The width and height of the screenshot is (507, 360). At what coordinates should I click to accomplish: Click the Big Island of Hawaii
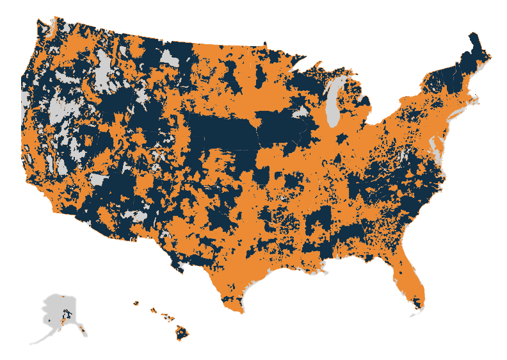click(x=184, y=332)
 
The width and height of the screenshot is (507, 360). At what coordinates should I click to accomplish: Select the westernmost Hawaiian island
click(x=136, y=303)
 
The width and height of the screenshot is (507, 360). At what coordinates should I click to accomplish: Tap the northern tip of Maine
click(x=473, y=35)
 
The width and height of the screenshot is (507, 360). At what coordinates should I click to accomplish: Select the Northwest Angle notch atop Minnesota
click(x=264, y=44)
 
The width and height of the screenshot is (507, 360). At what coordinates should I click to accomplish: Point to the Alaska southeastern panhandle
click(x=83, y=330)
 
